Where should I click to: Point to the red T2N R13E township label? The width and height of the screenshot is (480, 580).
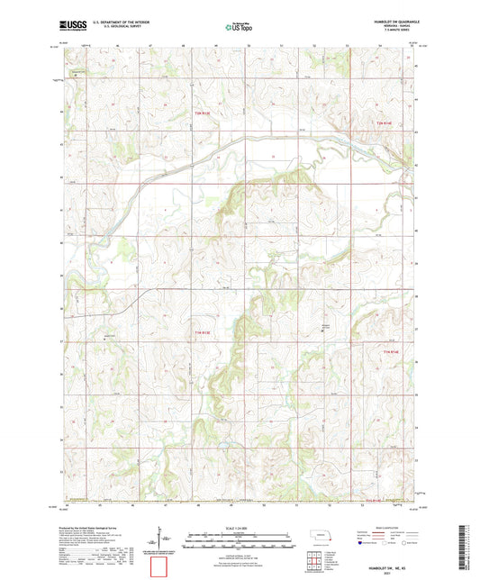tap(204, 113)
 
